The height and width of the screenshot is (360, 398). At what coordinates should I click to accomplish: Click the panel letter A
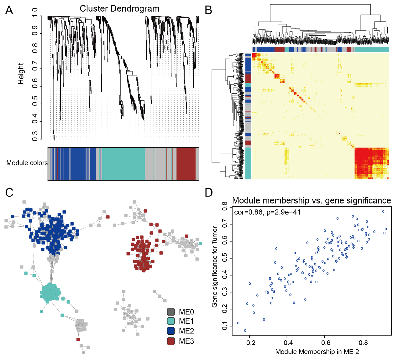point(9,10)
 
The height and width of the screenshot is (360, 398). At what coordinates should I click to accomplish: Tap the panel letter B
point(208,10)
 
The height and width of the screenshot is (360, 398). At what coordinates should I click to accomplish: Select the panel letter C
point(9,192)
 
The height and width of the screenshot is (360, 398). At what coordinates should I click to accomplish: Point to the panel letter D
point(209,192)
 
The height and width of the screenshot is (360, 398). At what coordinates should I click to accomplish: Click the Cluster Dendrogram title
point(119,9)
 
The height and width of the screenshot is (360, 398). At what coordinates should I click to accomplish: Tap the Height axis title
point(21,74)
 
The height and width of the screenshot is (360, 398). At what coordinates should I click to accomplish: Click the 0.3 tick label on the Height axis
point(35,136)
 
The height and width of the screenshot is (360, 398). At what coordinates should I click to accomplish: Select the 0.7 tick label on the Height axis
point(35,65)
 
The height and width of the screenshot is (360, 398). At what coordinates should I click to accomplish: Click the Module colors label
point(27,163)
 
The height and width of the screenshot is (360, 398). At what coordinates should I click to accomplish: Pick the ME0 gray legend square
point(171,312)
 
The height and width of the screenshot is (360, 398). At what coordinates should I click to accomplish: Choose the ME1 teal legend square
point(171,321)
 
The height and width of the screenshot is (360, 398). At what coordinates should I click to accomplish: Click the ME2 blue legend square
point(171,331)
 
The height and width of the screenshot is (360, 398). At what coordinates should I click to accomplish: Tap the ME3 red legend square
point(171,341)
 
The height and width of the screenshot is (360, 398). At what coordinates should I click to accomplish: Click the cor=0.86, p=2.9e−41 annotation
point(268,212)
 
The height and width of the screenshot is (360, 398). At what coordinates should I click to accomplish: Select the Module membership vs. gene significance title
point(312,200)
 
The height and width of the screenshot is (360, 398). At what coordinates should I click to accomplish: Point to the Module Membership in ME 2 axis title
point(317,352)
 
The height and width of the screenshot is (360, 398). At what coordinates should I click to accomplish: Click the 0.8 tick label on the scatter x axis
point(364,343)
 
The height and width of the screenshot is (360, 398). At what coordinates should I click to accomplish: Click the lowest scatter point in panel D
point(245,331)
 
